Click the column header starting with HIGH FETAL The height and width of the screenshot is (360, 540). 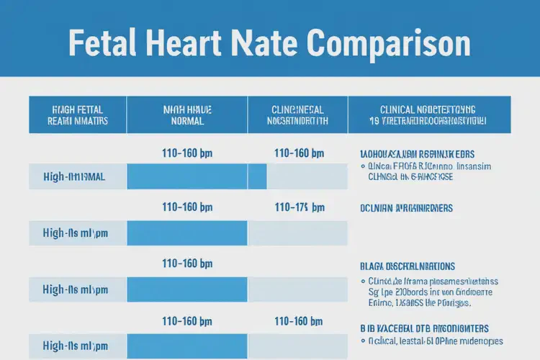click(x=78, y=115)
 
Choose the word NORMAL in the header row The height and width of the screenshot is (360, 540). click(x=186, y=122)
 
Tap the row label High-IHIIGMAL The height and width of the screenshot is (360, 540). click(x=74, y=176)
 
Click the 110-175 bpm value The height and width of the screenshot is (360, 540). click(x=300, y=207)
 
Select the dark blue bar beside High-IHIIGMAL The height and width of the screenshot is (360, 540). click(x=197, y=176)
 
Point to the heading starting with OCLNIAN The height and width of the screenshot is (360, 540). click(x=406, y=207)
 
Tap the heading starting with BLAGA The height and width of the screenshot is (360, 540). click(x=407, y=266)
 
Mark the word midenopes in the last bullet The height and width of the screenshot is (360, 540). click(x=480, y=341)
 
